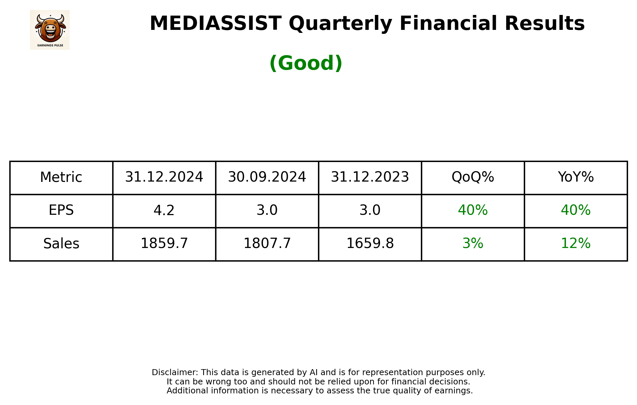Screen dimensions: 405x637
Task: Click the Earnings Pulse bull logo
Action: [50, 30]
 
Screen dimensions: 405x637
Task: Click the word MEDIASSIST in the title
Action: [215, 24]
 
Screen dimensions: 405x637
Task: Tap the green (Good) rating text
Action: [306, 63]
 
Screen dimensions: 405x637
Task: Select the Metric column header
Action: [61, 177]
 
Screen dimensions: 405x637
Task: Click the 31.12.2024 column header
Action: [164, 177]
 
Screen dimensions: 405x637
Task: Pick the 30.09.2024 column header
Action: [267, 177]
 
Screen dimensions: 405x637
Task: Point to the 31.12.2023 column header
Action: [370, 177]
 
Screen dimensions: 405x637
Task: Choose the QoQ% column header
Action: [473, 177]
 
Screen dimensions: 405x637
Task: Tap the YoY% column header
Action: [576, 177]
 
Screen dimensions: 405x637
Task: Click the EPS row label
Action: [61, 210]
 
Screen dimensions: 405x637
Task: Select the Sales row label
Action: [61, 244]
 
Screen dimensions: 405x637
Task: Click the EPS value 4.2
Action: [164, 210]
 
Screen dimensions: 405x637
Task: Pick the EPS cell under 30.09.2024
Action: [267, 210]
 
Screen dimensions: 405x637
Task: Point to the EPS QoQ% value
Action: [473, 210]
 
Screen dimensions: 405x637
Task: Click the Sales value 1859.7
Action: [164, 244]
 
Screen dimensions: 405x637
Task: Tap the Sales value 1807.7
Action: [267, 244]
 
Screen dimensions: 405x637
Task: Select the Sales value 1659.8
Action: [370, 244]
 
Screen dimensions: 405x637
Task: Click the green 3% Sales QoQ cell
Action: [473, 244]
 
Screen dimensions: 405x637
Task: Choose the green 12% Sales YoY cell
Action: [576, 244]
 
